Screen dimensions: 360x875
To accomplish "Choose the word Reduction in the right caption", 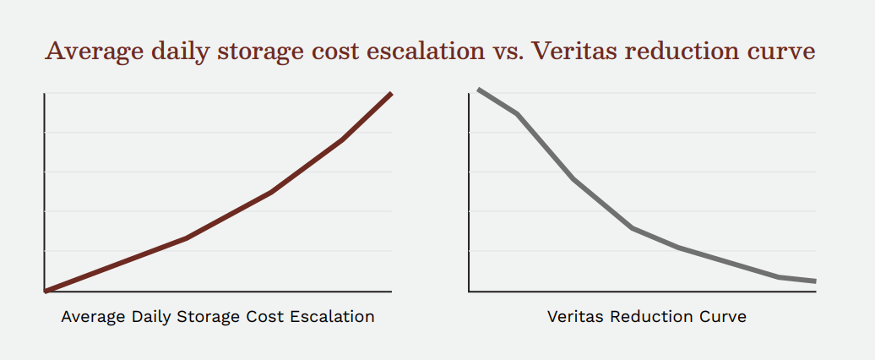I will click(x=649, y=318).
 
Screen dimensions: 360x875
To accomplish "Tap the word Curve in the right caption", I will click(x=724, y=318).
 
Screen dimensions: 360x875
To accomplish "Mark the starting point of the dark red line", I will click(x=46, y=291).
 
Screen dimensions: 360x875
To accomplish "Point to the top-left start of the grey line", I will click(x=479, y=90).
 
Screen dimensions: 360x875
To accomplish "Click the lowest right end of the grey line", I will click(x=815, y=281).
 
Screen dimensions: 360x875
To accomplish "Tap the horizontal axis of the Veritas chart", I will click(x=642, y=292).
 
